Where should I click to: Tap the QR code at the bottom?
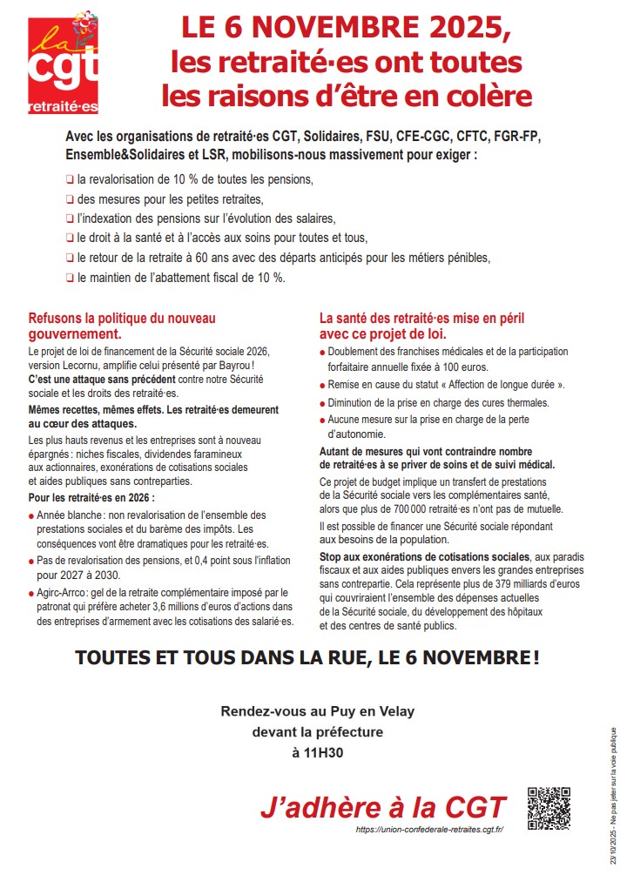(549, 807)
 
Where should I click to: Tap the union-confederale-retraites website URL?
(429, 829)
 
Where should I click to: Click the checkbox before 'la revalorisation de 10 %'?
(69, 179)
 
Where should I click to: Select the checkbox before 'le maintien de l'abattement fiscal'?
(69, 278)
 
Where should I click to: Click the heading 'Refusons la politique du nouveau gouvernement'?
(122, 326)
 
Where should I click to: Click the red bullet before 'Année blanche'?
(32, 515)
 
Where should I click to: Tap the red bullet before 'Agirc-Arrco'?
(32, 594)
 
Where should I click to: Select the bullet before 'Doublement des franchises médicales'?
(323, 353)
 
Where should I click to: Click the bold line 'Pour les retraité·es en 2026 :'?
(91, 498)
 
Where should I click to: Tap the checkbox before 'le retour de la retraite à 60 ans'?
(69, 258)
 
